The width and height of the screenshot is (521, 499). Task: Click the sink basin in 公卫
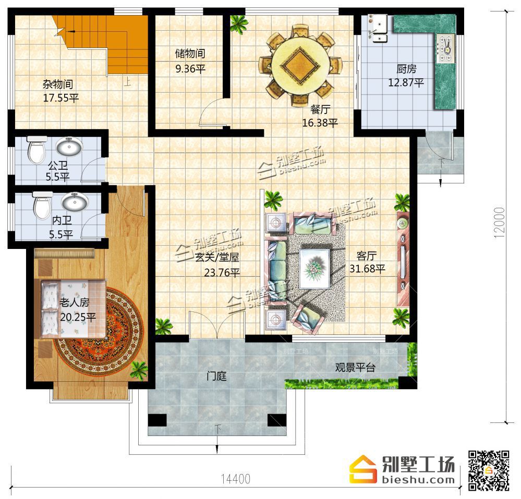point(69,146)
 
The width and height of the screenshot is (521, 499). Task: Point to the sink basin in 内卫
point(75,201)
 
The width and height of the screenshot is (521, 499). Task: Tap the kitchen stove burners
point(445,48)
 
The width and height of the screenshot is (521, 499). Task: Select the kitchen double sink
point(378,28)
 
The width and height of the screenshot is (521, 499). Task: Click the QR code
point(489,470)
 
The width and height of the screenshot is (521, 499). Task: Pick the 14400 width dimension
point(236,479)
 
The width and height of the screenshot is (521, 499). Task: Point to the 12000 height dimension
point(500,222)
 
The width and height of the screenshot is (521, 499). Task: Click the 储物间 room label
point(190,54)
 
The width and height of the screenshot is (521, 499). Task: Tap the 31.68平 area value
point(367,268)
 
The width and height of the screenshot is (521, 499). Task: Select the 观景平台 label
point(355,367)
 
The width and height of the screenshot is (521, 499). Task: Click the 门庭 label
point(216,376)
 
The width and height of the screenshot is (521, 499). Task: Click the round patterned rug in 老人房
point(100,332)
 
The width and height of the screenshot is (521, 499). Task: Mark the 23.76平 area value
point(222,273)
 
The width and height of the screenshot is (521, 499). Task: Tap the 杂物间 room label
point(58,84)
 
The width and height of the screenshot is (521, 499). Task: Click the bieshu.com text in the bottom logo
point(419,479)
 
